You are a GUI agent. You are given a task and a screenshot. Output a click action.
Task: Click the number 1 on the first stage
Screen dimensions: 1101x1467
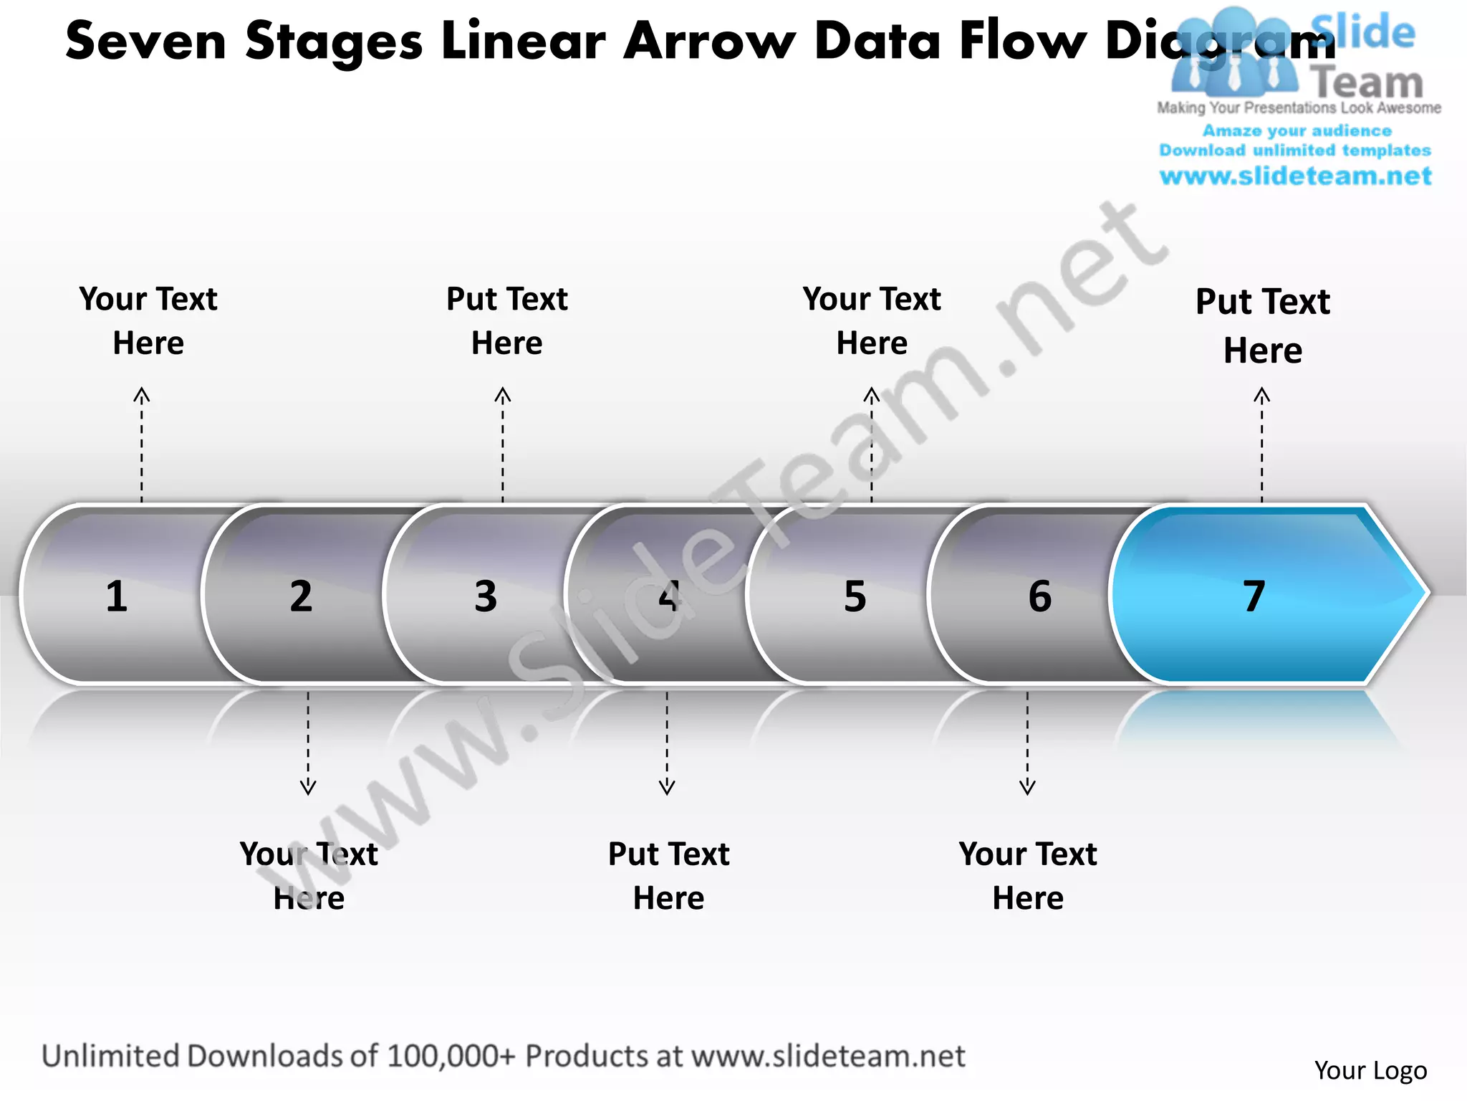[117, 596]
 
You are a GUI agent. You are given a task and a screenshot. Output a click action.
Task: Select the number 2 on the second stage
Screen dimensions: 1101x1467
[301, 596]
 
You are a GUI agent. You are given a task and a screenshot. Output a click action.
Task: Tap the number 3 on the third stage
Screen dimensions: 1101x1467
[486, 596]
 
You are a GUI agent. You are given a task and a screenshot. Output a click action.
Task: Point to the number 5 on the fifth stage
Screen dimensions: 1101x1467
[855, 596]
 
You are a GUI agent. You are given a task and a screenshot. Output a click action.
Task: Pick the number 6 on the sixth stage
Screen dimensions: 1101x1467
[1039, 596]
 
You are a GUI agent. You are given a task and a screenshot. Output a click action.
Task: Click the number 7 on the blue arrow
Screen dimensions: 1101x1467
[1254, 596]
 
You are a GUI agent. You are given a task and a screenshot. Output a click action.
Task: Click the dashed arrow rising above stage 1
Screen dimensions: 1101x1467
[142, 444]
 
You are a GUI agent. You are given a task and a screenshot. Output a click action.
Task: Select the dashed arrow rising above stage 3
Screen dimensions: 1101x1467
[503, 444]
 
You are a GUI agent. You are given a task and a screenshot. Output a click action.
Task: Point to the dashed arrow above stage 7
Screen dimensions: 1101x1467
[1262, 444]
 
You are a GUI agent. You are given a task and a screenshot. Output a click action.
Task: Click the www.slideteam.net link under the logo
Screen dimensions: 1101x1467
[1295, 176]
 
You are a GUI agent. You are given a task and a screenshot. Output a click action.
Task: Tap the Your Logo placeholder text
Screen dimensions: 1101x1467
[1370, 1070]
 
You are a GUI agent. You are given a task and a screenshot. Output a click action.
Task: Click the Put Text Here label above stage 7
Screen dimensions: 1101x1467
[1263, 326]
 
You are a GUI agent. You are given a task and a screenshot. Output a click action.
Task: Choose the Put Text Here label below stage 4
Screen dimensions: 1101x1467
[668, 876]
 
